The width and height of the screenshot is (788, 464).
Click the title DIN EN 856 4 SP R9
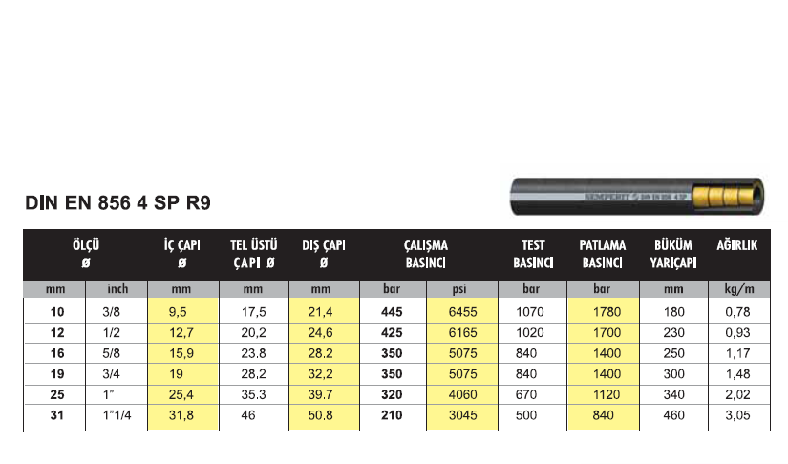pyautogui.click(x=117, y=202)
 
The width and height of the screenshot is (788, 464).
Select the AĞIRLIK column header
pyautogui.click(x=736, y=245)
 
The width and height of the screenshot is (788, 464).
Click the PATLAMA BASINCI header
pyautogui.click(x=602, y=254)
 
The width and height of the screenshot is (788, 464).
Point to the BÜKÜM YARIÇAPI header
pyautogui.click(x=673, y=254)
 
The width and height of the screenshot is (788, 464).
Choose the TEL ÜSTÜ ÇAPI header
pyautogui.click(x=254, y=254)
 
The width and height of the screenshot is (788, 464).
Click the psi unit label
pyautogui.click(x=459, y=289)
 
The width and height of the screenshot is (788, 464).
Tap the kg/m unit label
pyautogui.click(x=739, y=289)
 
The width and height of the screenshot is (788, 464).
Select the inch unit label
pyautogui.click(x=117, y=289)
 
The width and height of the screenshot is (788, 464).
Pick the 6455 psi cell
pyautogui.click(x=463, y=312)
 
